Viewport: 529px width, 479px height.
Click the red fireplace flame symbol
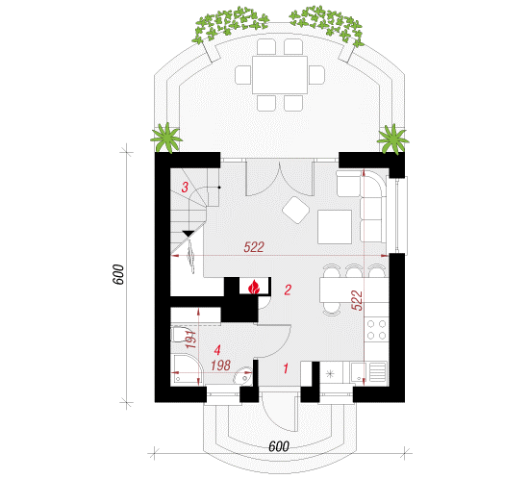point(254,288)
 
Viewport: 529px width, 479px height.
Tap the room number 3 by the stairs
point(185,187)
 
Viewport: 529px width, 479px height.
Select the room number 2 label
point(288,290)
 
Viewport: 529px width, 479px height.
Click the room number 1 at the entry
point(286,368)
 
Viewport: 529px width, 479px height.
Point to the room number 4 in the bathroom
point(217,350)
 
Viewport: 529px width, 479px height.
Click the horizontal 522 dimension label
point(254,247)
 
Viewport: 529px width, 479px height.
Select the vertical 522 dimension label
point(357,300)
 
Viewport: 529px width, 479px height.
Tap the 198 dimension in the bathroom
point(220,365)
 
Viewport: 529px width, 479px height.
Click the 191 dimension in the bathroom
point(190,339)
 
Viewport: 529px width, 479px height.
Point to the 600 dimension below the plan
point(279,446)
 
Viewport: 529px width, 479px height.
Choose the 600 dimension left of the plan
point(118,274)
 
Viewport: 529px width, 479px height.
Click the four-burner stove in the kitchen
point(376,330)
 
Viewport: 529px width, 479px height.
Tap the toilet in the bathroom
point(181,335)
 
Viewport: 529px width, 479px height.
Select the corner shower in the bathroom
point(187,369)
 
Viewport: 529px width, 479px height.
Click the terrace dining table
point(280,75)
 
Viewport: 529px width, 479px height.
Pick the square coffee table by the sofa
point(335,227)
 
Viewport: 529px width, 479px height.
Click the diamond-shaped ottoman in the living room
point(296,210)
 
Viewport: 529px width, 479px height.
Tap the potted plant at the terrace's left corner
point(166,138)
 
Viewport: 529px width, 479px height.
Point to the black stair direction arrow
point(189,234)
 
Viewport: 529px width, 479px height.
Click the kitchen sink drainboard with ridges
point(378,371)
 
